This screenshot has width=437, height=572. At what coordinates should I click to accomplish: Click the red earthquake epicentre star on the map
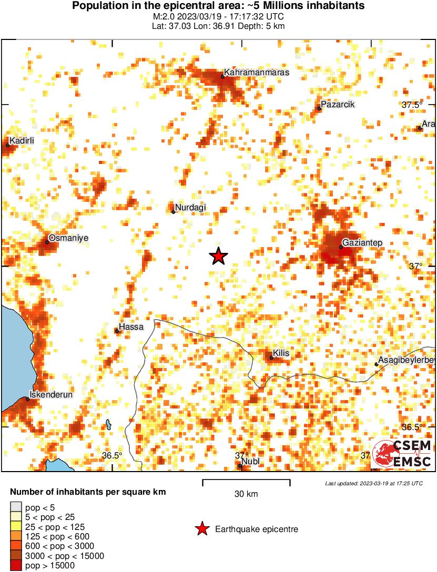[219, 256]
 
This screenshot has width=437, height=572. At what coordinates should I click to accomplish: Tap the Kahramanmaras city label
[257, 73]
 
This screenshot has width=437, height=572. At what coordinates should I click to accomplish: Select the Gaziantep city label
[363, 242]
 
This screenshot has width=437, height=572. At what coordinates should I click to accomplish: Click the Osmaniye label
[68, 238]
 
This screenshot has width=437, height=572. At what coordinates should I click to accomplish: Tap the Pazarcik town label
[338, 105]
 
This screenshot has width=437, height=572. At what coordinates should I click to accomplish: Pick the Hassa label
[131, 327]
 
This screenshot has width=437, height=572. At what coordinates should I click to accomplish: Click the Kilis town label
[281, 354]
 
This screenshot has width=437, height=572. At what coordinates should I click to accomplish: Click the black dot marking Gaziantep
[341, 247]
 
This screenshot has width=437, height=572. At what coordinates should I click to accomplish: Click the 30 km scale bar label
[246, 494]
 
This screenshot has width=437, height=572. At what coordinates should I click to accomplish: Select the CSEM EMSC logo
[402, 454]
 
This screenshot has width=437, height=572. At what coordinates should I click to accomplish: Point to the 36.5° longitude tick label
[112, 455]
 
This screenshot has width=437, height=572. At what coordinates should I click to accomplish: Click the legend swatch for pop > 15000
[16, 566]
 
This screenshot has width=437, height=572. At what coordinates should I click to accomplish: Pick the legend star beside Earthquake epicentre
[201, 529]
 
